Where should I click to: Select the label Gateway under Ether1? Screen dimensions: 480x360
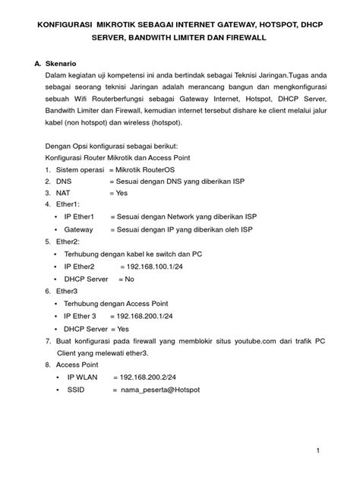[x=79, y=229]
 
